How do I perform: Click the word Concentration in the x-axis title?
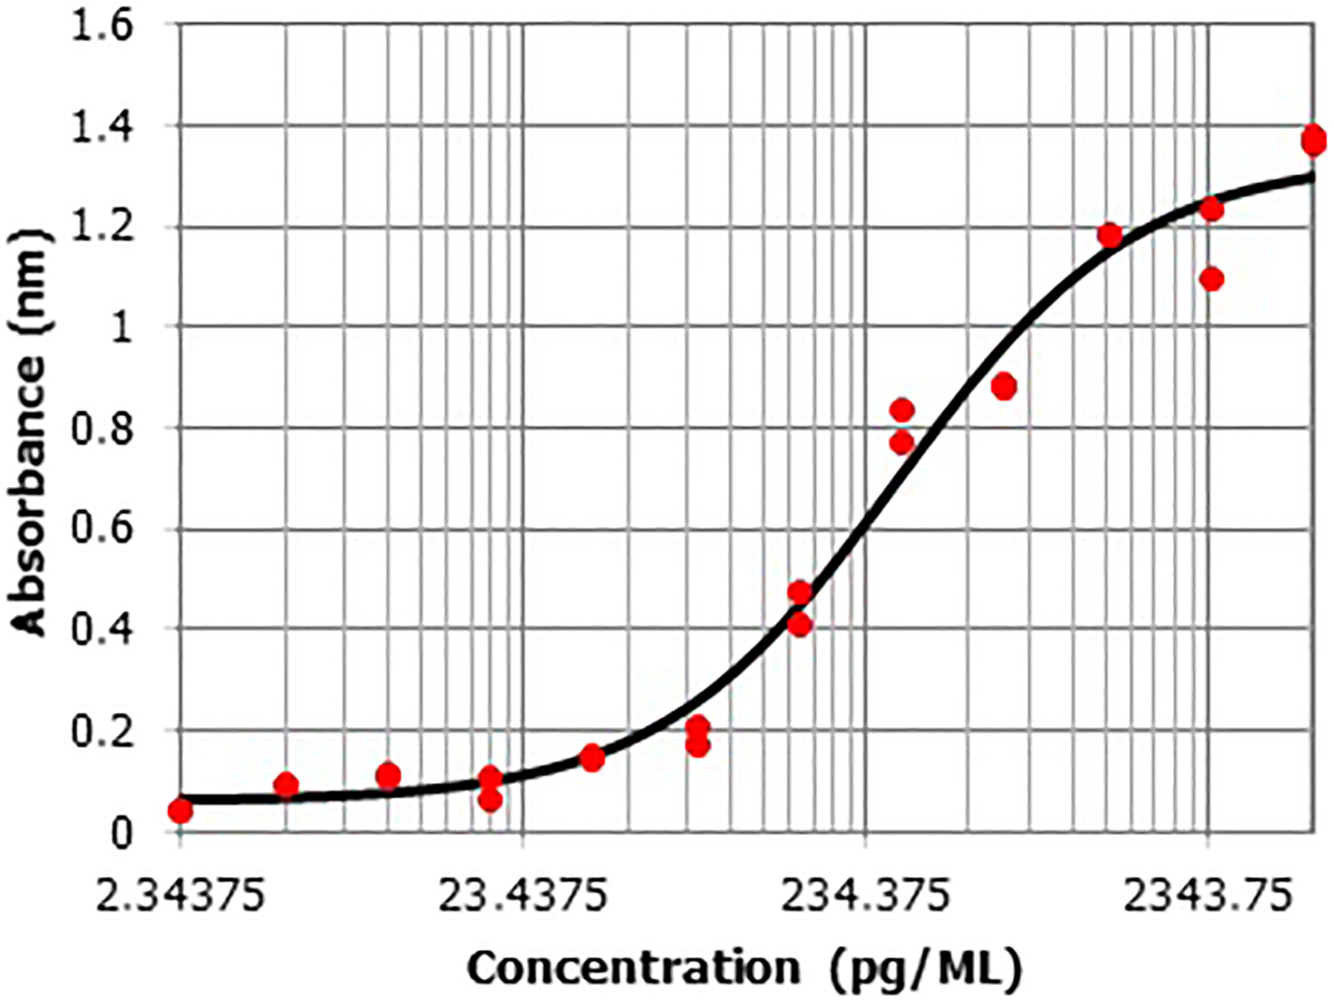coord(634,968)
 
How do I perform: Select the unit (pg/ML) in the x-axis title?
coord(926,968)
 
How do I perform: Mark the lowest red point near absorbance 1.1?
coord(1211,280)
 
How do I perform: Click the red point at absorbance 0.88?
coord(1004,387)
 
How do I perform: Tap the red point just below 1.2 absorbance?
coord(1109,235)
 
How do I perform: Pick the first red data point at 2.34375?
coord(181,811)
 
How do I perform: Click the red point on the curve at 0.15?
coord(592,759)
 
